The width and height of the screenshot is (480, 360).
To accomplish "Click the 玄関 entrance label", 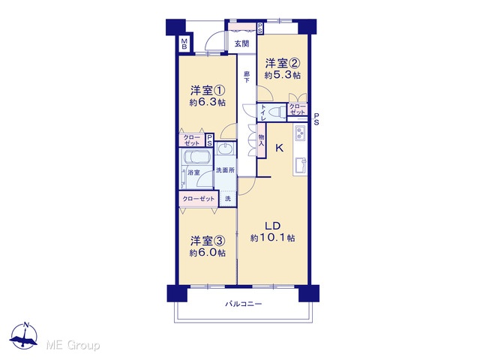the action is tap(241, 43).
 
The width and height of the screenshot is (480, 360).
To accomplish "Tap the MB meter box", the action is tap(184, 43).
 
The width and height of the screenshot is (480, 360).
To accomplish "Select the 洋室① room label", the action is tap(208, 91).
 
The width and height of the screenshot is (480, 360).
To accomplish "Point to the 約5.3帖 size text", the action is tap(282, 75).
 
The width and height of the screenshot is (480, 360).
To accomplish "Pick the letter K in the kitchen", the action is tap(279, 148).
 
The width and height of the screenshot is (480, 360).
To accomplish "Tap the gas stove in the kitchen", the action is tap(300, 133).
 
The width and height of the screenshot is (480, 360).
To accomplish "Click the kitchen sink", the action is tap(300, 166).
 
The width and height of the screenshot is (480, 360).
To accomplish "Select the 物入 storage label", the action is tap(262, 140).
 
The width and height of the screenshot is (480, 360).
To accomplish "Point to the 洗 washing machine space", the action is tap(228, 199).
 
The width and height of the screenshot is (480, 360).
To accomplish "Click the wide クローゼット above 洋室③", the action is tap(198, 199).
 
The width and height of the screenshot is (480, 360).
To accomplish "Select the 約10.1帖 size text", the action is tap(272, 238).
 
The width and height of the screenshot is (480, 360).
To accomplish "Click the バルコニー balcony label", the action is tap(244, 304).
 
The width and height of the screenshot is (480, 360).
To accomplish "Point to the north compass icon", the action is tap(23, 336).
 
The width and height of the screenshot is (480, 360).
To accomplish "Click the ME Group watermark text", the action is tap(73, 346).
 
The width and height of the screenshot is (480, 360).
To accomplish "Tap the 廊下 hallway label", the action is tap(247, 77).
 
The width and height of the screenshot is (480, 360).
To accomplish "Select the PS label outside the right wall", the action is tap(316, 119).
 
